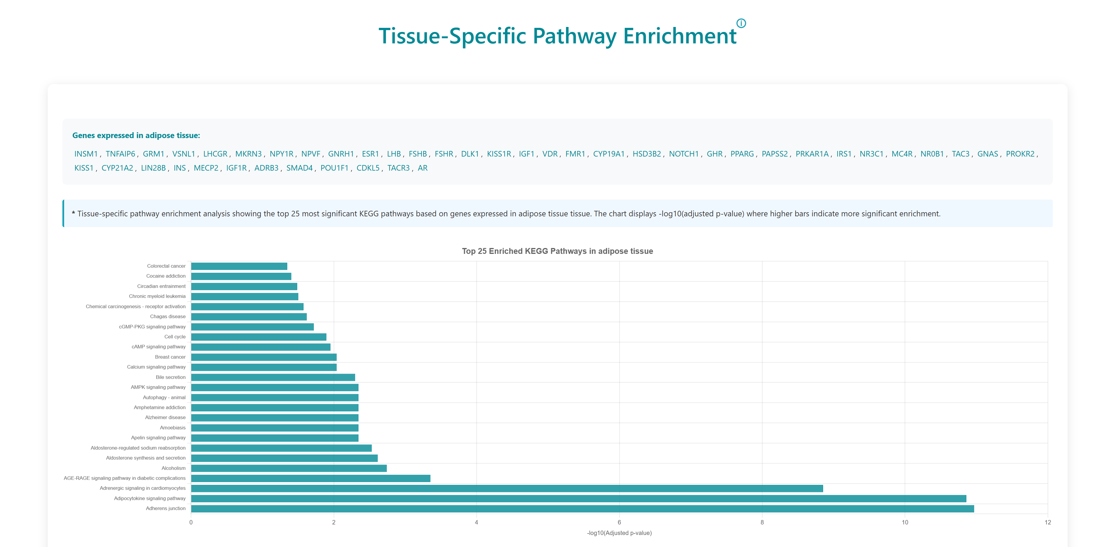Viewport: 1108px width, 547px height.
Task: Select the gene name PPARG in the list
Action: (x=742, y=154)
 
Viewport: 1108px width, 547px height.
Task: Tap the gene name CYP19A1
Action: (x=608, y=154)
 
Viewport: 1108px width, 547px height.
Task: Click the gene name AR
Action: (x=422, y=168)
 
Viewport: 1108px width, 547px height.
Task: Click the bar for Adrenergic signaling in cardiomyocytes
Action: (x=507, y=488)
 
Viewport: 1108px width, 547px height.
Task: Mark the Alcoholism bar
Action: (x=289, y=468)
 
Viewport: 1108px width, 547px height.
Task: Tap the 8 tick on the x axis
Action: (x=762, y=522)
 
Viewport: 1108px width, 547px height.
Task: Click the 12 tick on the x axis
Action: (x=1047, y=522)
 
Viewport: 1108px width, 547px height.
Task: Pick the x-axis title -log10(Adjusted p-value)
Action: (x=619, y=533)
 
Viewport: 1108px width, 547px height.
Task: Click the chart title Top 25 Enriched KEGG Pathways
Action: (x=557, y=251)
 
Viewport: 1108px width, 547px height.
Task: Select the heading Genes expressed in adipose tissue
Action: (x=136, y=135)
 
